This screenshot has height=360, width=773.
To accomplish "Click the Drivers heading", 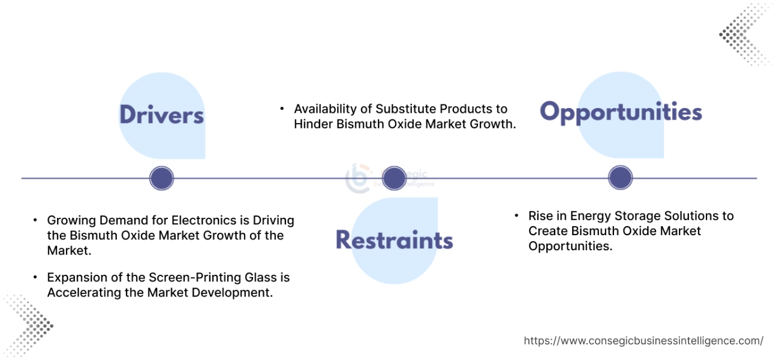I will pos(161,115).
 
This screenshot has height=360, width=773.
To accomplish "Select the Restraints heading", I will pos(394,239).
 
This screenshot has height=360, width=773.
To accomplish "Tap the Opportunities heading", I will pos(621,112).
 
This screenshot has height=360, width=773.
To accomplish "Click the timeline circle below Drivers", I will pos(161,178).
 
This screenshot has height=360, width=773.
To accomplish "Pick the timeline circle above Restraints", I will pos(394,178).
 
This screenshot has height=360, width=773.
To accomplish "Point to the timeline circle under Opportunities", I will pos(621,178).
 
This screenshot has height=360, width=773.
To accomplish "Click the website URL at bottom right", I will pos(643,341).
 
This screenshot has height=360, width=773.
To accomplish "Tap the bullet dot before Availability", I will pos(282,109).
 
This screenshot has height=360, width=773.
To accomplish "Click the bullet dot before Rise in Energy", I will pos(516,215).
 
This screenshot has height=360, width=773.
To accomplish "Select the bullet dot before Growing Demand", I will pos(35,220).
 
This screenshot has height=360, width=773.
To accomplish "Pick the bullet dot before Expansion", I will pos(35,277).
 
